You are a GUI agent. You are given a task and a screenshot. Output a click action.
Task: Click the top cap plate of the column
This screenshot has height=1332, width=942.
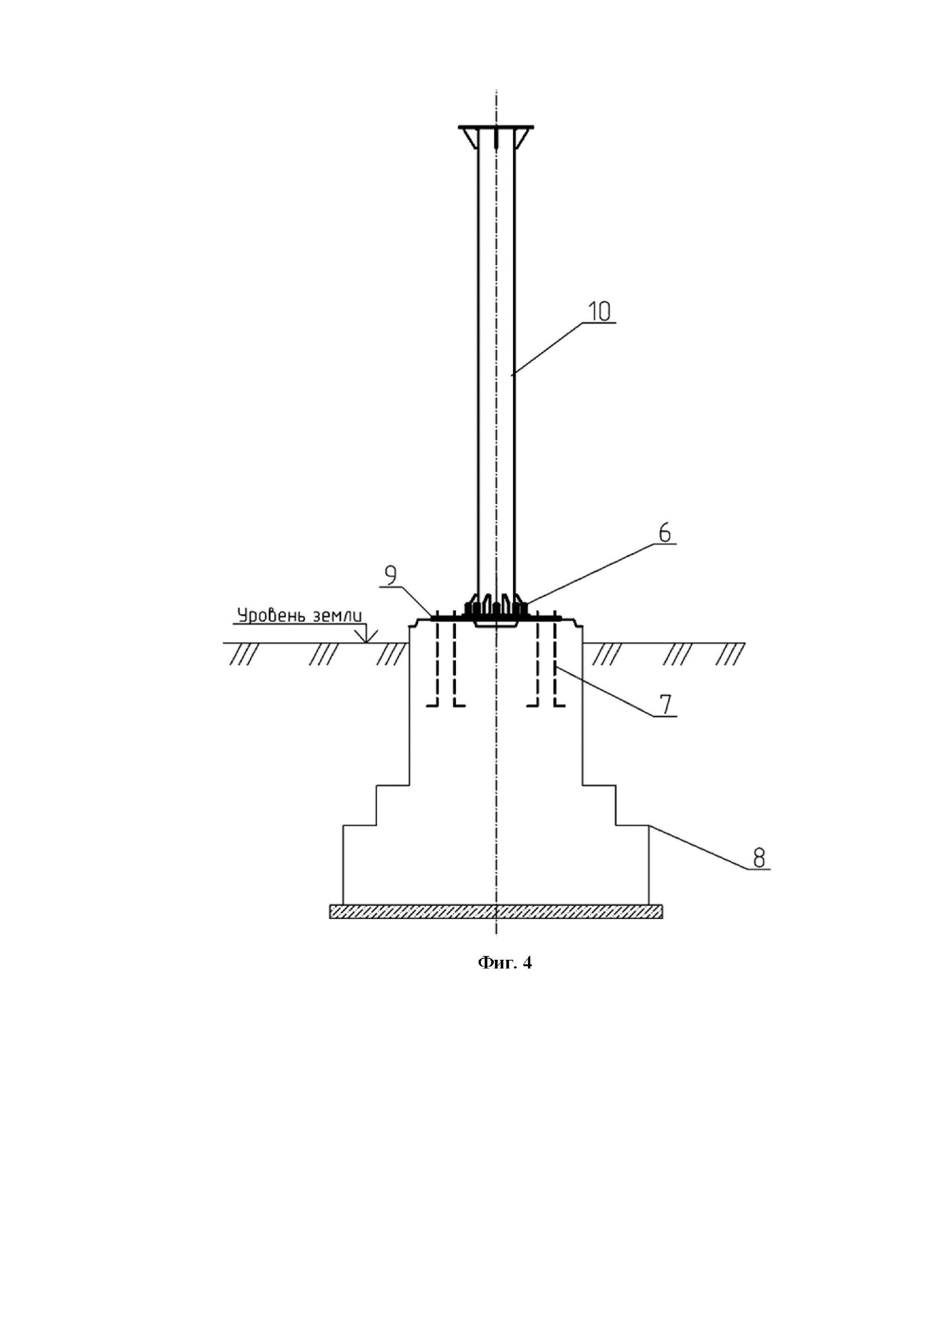[x=496, y=127]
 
